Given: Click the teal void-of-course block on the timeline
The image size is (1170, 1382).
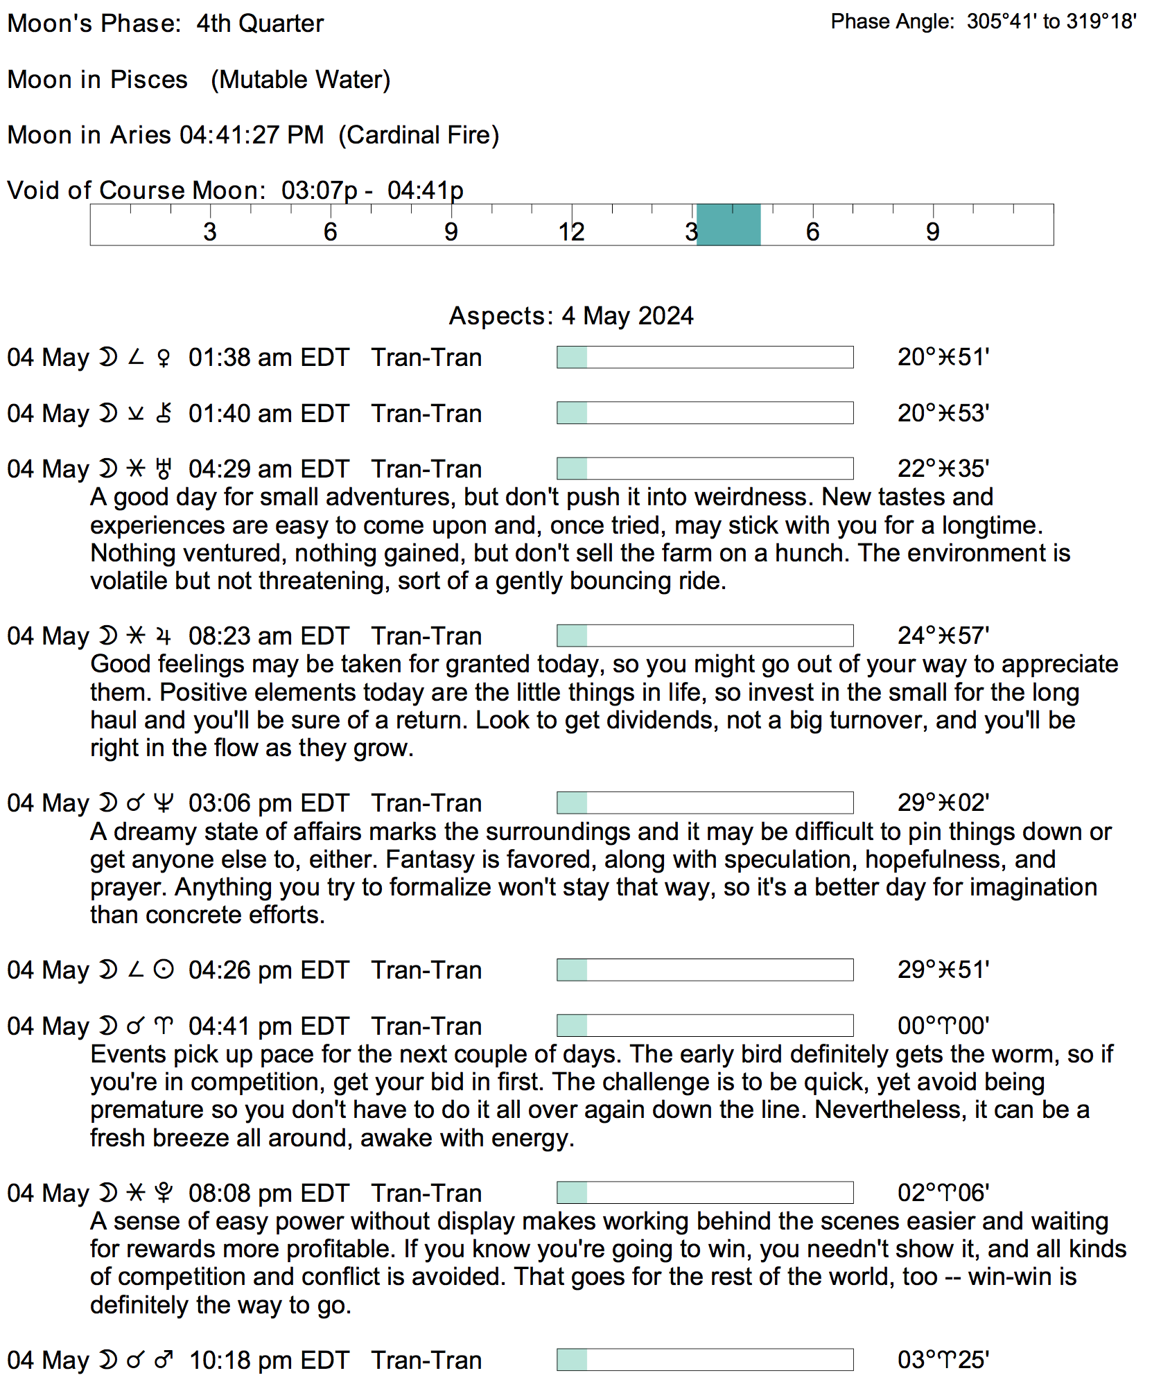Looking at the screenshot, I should click(728, 225).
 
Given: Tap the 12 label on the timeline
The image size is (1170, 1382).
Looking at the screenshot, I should click(571, 231).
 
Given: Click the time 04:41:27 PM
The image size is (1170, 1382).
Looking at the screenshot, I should click(252, 134).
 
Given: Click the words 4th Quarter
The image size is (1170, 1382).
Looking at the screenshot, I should click(260, 24).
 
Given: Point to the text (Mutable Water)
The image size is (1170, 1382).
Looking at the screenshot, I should click(301, 80).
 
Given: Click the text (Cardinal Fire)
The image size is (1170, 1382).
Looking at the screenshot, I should click(419, 134).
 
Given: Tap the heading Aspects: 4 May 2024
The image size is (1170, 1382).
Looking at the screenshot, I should click(571, 315).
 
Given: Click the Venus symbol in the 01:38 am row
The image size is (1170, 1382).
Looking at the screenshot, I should click(164, 358).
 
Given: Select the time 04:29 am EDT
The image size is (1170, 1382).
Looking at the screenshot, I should click(269, 469).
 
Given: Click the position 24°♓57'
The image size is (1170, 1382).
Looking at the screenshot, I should click(943, 636).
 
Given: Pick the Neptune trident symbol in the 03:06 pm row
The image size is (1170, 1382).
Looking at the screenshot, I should click(164, 803).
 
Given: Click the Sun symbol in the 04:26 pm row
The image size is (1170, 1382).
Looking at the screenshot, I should click(164, 970).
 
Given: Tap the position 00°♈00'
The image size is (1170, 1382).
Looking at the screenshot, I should click(943, 1026).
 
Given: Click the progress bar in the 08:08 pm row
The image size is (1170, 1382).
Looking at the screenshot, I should click(705, 1193).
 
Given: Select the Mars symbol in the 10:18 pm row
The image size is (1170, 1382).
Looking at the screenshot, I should click(164, 1361).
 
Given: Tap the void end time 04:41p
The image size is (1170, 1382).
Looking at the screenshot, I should click(425, 190).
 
